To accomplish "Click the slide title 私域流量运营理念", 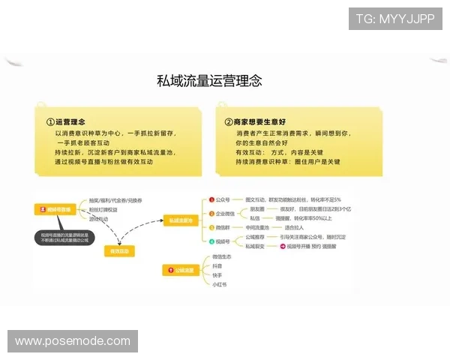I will (x=209, y=81).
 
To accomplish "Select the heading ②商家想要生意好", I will (x=254, y=121).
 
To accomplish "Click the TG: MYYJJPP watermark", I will (x=395, y=18).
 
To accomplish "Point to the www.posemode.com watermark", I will (x=71, y=341).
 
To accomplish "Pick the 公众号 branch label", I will (x=221, y=199).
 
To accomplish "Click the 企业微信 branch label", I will (x=224, y=213).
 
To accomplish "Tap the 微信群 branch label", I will (x=223, y=227).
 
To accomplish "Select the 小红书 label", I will (x=220, y=284).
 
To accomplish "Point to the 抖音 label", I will (x=217, y=266).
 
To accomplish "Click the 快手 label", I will (x=217, y=275).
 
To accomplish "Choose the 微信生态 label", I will (x=221, y=256).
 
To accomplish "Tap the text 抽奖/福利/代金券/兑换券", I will (x=115, y=201).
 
